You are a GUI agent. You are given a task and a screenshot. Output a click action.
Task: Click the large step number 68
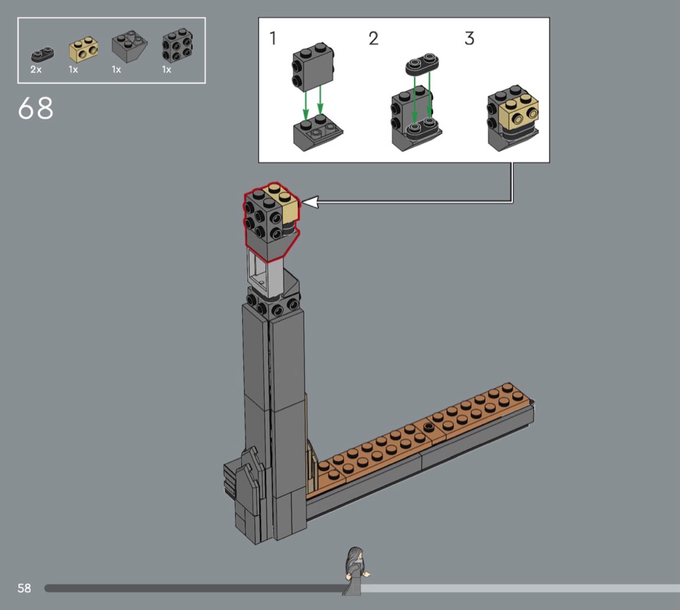click(x=36, y=108)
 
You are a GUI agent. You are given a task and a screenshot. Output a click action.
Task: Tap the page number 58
click(x=25, y=588)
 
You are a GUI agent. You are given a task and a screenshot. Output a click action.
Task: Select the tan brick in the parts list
click(x=84, y=49)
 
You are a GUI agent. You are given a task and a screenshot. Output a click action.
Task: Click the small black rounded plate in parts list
click(x=42, y=54)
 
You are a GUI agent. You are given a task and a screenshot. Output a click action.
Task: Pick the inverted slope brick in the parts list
click(x=130, y=46)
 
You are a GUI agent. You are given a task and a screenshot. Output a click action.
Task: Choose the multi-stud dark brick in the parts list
click(x=177, y=45)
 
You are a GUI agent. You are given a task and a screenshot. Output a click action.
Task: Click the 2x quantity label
click(x=36, y=69)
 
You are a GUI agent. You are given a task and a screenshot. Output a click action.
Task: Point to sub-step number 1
click(x=273, y=38)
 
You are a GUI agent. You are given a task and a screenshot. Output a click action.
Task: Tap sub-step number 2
click(x=374, y=38)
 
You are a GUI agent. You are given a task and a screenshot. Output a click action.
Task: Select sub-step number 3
click(x=470, y=38)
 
